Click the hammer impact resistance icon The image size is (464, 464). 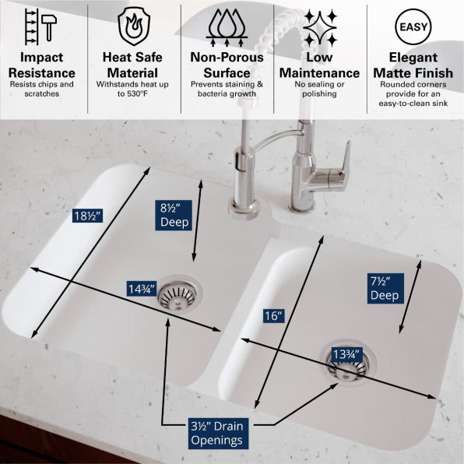coord(40,26)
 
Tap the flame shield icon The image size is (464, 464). coord(134,26)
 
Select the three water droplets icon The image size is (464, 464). coord(227,27)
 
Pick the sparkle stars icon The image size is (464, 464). coord(320,28)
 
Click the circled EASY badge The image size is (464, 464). coord(413,27)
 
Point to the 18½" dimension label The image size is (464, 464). coord(88,216)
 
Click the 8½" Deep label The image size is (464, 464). coord(174,215)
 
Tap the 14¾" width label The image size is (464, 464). coord(142,289)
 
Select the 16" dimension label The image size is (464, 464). coord(274,316)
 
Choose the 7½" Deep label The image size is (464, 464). coord(385,288)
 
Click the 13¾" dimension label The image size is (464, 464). coord(346,354)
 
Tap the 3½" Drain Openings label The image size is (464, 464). coord(217,433)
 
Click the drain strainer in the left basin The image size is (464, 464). coord(178,294)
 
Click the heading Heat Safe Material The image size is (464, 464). coord(132,65)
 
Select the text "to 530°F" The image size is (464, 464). coord(132,94)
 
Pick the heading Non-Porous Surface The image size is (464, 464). coord(227,65)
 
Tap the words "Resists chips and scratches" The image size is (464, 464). coord(42,89)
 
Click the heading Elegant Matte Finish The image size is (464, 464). coord(413,65)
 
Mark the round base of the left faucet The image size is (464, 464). coord(244,209)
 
